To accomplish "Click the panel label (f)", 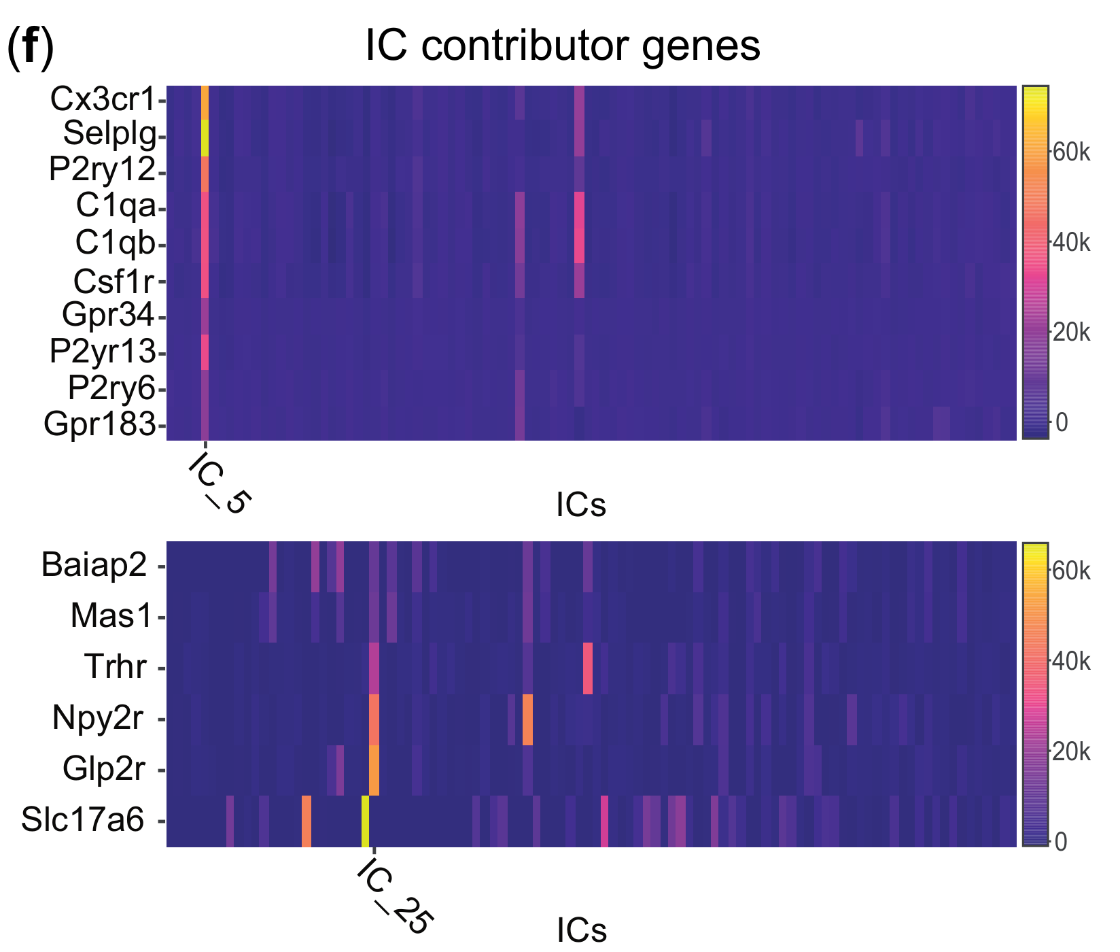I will [30, 49].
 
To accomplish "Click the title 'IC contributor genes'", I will [563, 46].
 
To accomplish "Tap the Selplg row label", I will [109, 135].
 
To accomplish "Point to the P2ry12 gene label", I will [103, 170].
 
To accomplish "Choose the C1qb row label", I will [116, 243].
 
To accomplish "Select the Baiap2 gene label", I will [94, 565].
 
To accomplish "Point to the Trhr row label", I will [115, 667].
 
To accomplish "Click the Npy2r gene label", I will [98, 718].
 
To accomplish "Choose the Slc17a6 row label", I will [83, 820].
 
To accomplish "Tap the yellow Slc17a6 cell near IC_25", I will [366, 821].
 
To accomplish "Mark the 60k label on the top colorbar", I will [1071, 153].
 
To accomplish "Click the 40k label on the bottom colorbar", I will [1071, 661].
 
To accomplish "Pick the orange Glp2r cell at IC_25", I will [374, 770].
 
